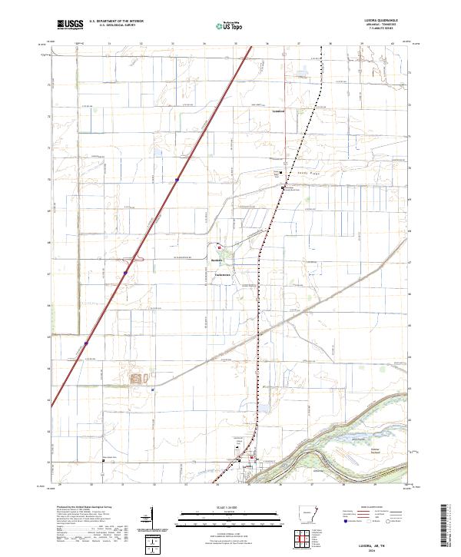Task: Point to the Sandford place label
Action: point(280,111)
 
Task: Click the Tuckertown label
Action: point(224,274)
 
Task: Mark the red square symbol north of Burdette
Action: point(219,247)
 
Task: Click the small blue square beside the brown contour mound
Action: point(153,390)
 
